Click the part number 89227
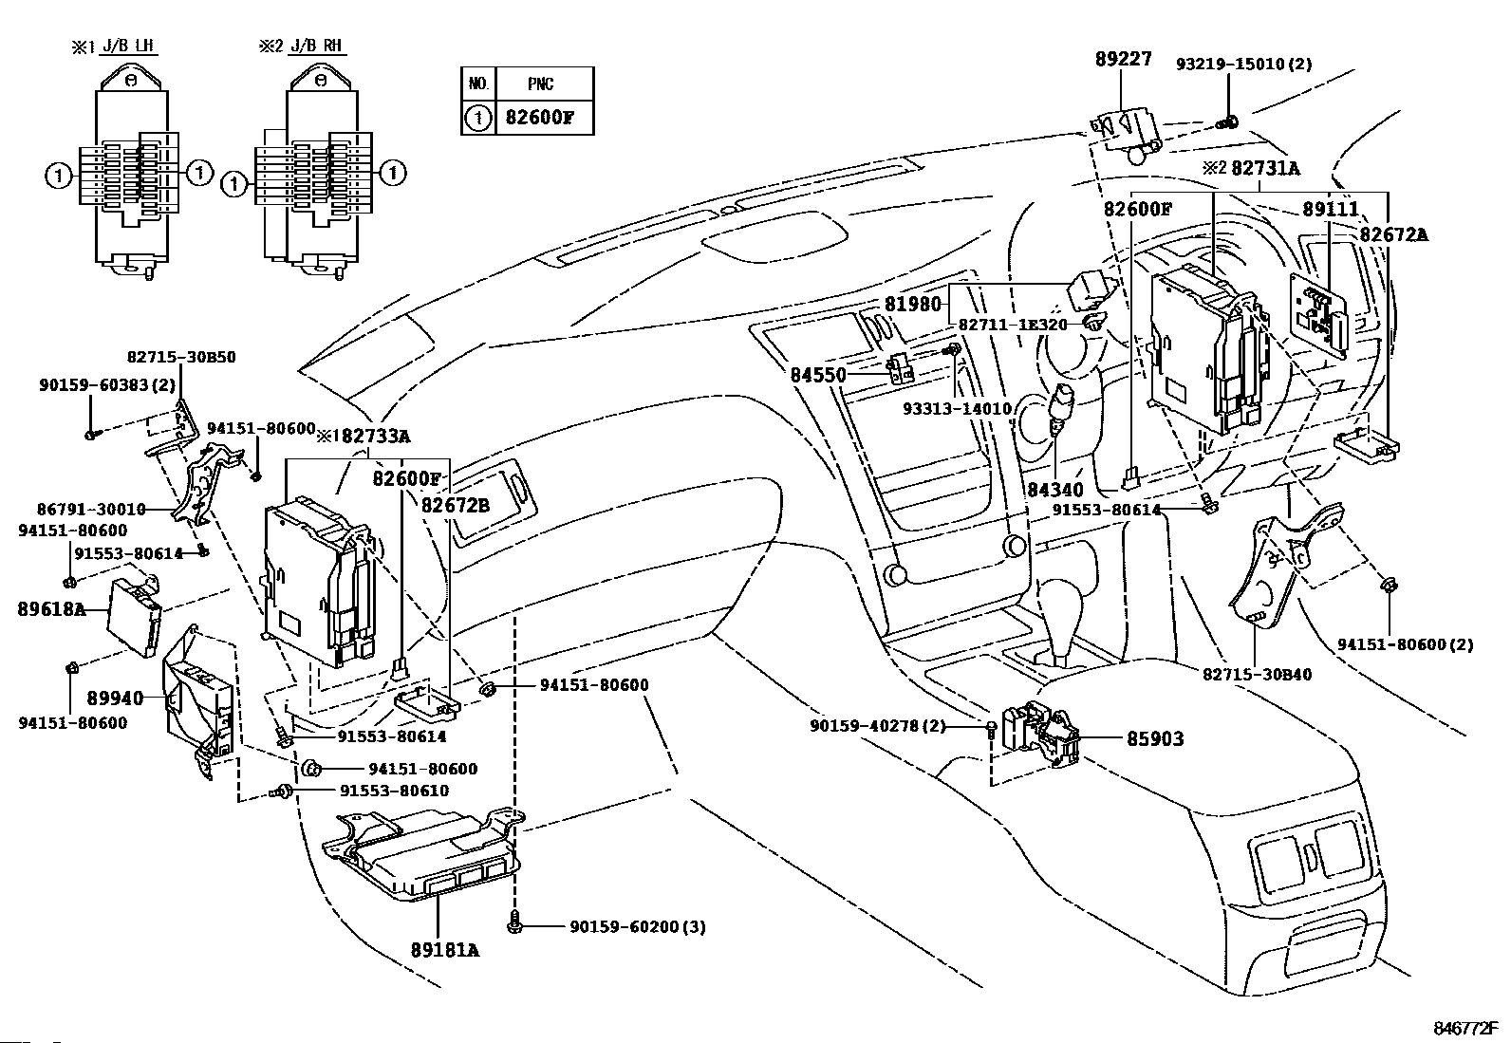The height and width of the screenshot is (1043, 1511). click(1123, 60)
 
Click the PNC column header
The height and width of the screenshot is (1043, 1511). click(541, 84)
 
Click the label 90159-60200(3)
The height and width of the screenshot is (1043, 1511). click(638, 926)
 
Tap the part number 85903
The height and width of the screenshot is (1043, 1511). click(1155, 739)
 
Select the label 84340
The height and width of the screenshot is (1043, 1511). click(1054, 489)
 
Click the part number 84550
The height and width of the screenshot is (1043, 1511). click(817, 375)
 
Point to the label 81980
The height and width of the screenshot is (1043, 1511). click(913, 305)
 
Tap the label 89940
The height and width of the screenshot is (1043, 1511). click(115, 698)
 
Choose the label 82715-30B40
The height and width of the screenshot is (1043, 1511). click(1257, 675)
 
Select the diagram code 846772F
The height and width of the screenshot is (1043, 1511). click(1464, 1029)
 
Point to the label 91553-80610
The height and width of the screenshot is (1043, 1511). click(394, 791)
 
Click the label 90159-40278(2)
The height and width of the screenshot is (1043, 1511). click(878, 726)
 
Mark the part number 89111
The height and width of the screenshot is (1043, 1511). click(1331, 210)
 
